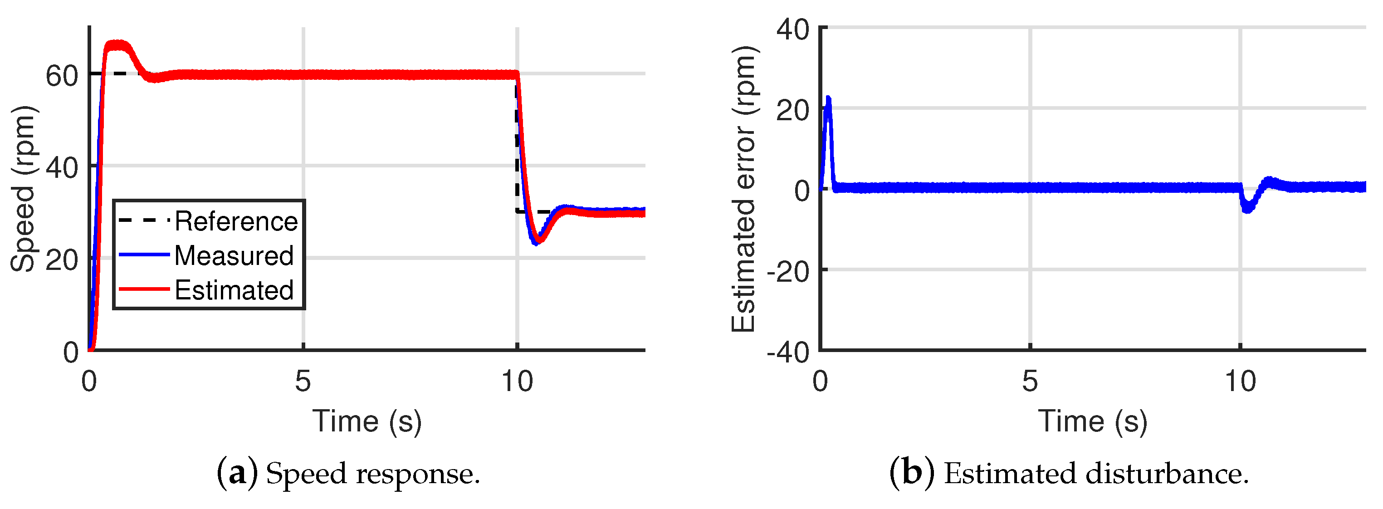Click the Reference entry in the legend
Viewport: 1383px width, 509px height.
click(x=236, y=221)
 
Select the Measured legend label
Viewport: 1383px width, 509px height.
click(x=234, y=255)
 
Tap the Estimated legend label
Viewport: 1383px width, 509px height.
click(x=234, y=290)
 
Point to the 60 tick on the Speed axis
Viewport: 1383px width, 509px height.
click(x=62, y=76)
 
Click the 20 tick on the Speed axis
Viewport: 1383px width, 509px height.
click(x=62, y=260)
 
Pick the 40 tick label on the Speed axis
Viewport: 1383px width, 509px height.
click(x=62, y=168)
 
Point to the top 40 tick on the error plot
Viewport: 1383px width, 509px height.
click(x=793, y=29)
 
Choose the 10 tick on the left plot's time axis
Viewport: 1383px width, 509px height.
click(x=517, y=382)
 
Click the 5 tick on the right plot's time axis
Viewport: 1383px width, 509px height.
click(x=1030, y=382)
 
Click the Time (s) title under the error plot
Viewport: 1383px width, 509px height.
click(x=1093, y=421)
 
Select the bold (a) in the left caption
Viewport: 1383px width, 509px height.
click(x=237, y=474)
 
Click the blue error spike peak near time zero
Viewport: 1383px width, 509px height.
click(x=828, y=100)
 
